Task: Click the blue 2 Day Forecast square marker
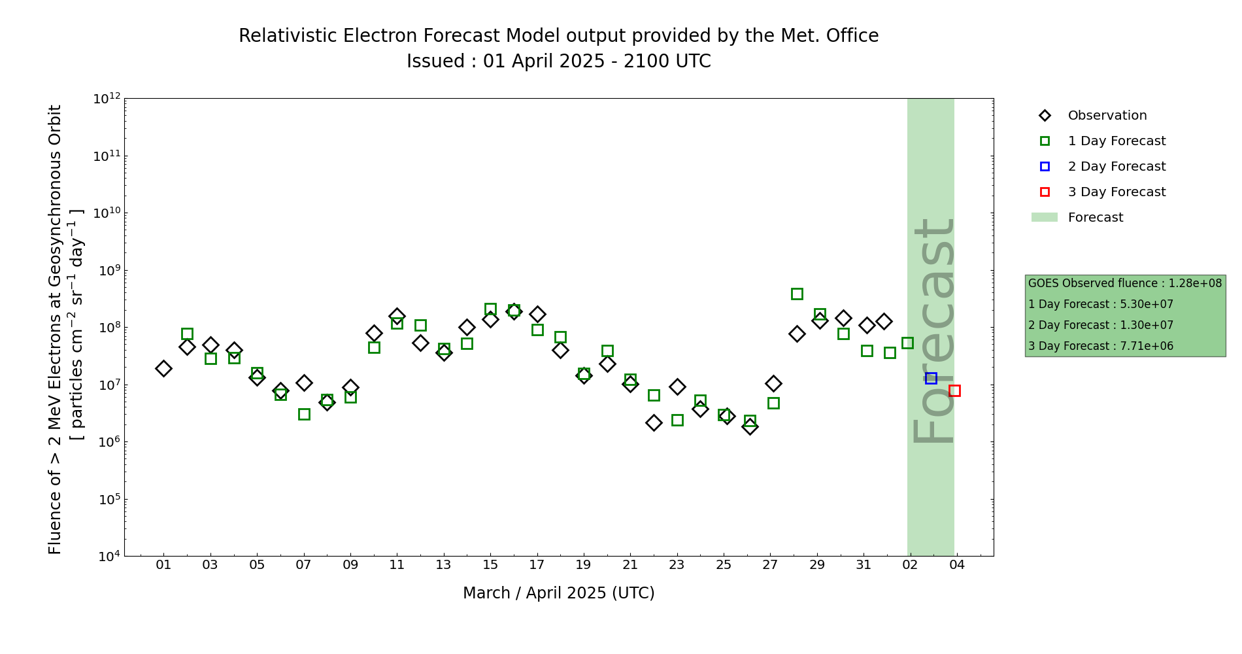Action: pyautogui.click(x=931, y=378)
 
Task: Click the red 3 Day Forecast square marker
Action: pyautogui.click(x=954, y=390)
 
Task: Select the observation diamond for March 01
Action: pyautogui.click(x=163, y=368)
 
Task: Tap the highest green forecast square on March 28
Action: pyautogui.click(x=797, y=294)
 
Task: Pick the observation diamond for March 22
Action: pyautogui.click(x=654, y=422)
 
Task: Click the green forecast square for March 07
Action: pyautogui.click(x=304, y=414)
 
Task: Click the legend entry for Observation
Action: pyautogui.click(x=1107, y=116)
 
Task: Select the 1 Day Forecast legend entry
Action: pyautogui.click(x=1116, y=141)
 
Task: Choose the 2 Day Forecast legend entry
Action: pyautogui.click(x=1116, y=167)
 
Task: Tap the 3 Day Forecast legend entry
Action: pyautogui.click(x=1116, y=192)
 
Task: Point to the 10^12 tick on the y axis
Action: pyautogui.click(x=107, y=99)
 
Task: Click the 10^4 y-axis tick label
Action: pyautogui.click(x=107, y=557)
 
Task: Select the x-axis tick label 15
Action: pyautogui.click(x=490, y=564)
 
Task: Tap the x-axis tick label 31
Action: pyautogui.click(x=864, y=564)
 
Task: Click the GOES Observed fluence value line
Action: pyautogui.click(x=1124, y=283)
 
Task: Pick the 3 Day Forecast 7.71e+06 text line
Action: pyautogui.click(x=1101, y=346)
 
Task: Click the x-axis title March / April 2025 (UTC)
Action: pyautogui.click(x=558, y=593)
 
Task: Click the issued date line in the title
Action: pyautogui.click(x=558, y=61)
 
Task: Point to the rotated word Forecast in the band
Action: pyautogui.click(x=933, y=330)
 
